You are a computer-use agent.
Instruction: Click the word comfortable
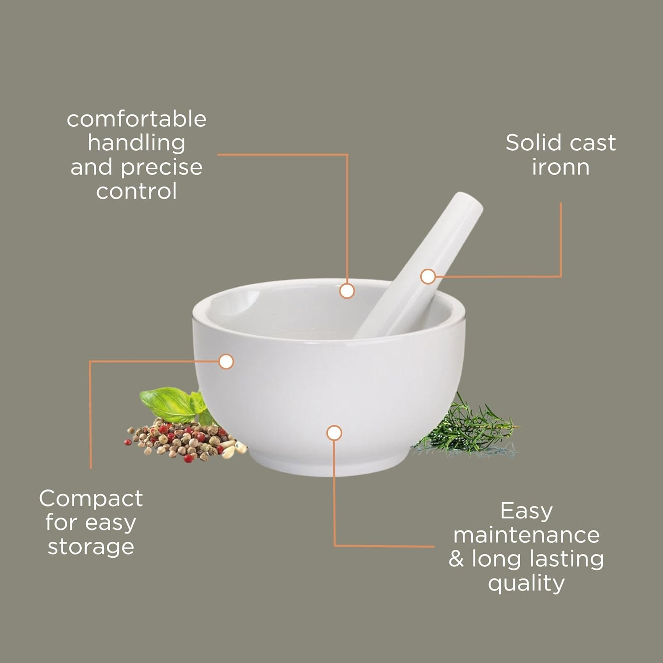point(137,119)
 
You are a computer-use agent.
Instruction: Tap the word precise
point(162,168)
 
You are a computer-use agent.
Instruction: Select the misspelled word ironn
point(560,167)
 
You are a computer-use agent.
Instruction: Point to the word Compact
point(91,499)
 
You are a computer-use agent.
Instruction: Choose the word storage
point(91,547)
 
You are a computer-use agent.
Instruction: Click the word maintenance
point(526,535)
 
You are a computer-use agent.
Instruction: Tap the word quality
point(526,583)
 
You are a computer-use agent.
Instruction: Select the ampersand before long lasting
point(456,559)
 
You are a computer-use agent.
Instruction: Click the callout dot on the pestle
point(427,277)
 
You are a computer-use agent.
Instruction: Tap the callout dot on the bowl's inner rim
point(347,291)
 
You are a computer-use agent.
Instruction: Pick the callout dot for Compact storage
point(226,362)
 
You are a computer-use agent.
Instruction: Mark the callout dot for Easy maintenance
point(334,433)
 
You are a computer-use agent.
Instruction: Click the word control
point(137,191)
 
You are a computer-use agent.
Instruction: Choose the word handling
point(137,143)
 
